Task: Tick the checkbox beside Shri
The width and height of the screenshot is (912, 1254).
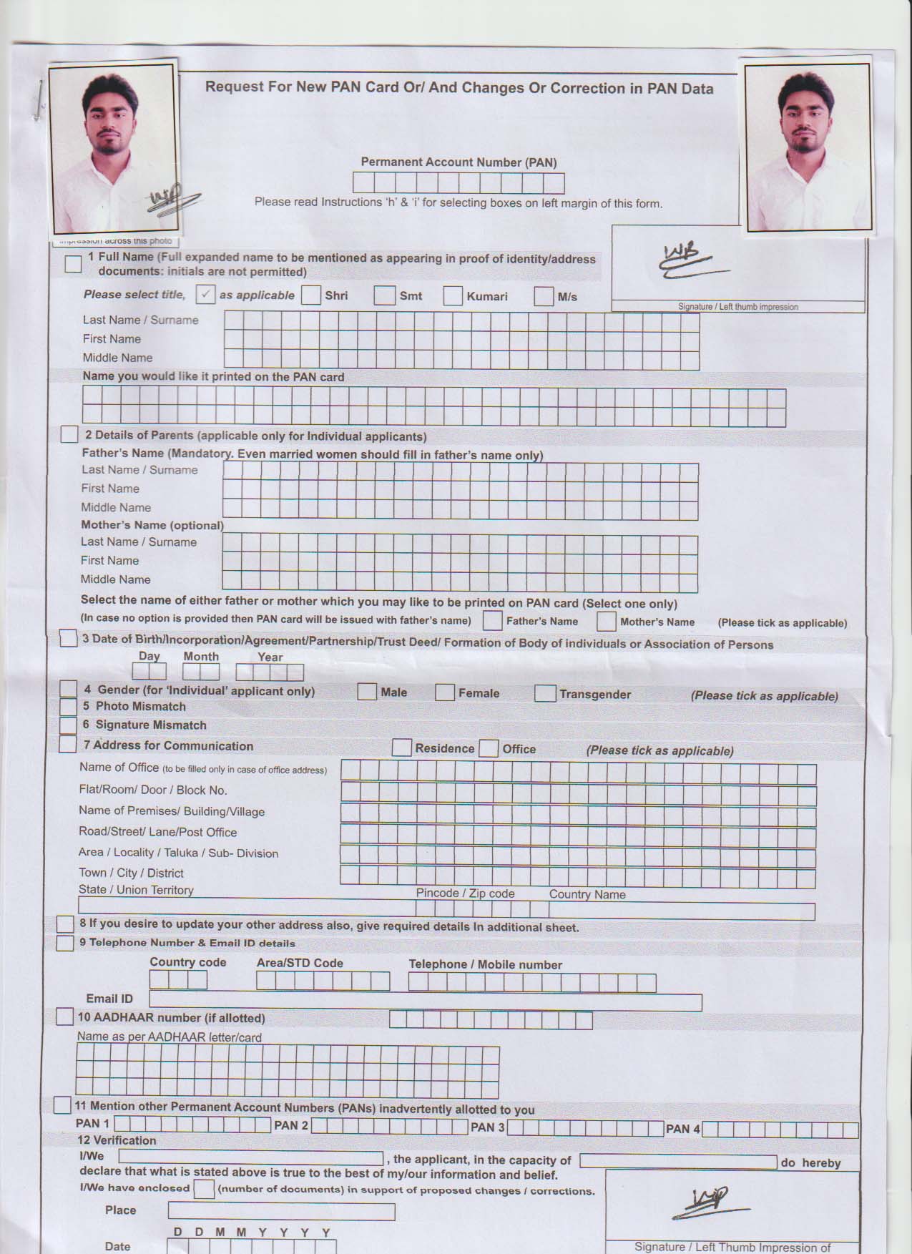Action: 311,295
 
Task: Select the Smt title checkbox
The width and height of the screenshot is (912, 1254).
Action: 384,295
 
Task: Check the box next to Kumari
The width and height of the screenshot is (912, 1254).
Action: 453,296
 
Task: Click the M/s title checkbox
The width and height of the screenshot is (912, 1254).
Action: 544,296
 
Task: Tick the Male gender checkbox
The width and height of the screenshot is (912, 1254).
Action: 367,692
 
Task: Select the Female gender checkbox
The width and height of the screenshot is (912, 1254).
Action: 445,692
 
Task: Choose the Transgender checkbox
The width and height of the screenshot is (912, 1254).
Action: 545,693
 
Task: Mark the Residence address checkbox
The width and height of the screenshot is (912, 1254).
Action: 402,748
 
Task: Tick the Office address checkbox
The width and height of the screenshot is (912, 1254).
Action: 489,749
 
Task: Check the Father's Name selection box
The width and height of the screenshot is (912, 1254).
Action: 492,620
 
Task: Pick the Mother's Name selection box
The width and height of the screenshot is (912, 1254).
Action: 607,621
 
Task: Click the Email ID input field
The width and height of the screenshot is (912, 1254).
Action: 425,1001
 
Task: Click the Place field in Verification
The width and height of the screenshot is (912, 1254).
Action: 281,1211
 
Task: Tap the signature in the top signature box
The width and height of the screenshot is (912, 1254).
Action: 687,262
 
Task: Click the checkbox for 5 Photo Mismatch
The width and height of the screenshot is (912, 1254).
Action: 69,707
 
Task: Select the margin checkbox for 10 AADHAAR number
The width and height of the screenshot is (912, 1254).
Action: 64,1017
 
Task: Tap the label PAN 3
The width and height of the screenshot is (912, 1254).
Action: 487,1127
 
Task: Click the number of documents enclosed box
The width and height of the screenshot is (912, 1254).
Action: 204,1189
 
